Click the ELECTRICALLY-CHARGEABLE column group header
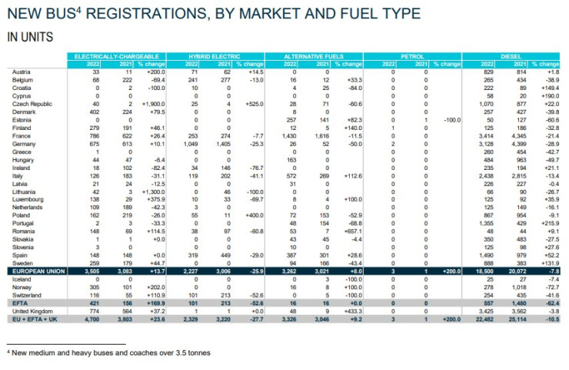click(x=115, y=57)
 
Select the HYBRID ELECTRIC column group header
click(x=214, y=57)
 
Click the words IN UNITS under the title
click(x=25, y=35)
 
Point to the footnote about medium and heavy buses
click(x=112, y=352)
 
